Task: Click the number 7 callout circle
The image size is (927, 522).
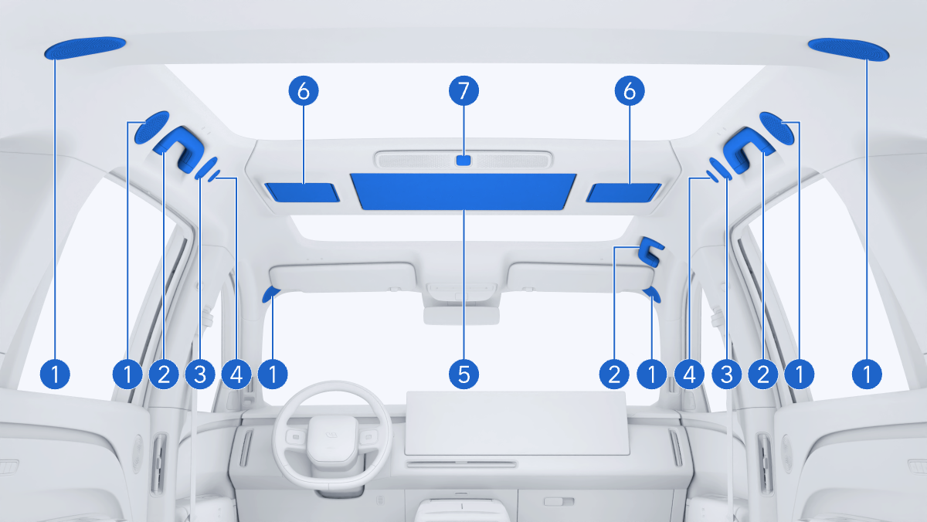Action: (463, 90)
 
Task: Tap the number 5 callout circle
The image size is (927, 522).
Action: (463, 375)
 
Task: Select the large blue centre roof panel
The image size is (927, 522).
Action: (463, 192)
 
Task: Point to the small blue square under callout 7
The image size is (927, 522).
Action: (463, 160)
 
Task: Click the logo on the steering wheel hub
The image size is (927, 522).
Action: (331, 435)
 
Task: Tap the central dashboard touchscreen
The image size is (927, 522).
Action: (517, 422)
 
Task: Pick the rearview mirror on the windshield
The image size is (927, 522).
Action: (461, 316)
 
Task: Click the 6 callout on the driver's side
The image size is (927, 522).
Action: (304, 90)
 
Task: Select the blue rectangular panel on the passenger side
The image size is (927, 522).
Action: (623, 193)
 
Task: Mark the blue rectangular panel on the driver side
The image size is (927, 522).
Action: (302, 192)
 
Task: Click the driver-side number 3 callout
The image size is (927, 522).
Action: (200, 375)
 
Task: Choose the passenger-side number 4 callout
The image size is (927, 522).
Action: (689, 375)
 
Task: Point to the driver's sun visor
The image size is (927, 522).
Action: (342, 277)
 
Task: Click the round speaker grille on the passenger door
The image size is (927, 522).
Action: (787, 454)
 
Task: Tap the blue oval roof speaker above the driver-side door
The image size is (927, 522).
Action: (85, 48)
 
